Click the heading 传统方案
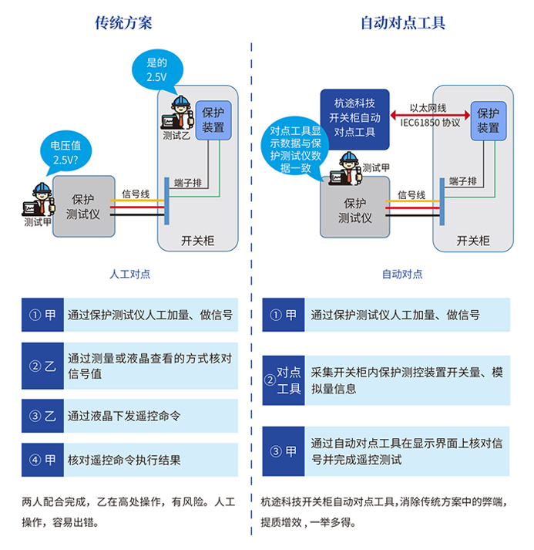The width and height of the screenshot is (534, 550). point(123,22)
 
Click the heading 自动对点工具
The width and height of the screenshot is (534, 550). point(403,22)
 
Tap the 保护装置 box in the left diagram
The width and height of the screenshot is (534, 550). point(213,120)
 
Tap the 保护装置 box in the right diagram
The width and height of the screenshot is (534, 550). point(488,120)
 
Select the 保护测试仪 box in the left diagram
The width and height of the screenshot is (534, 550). point(82,206)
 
